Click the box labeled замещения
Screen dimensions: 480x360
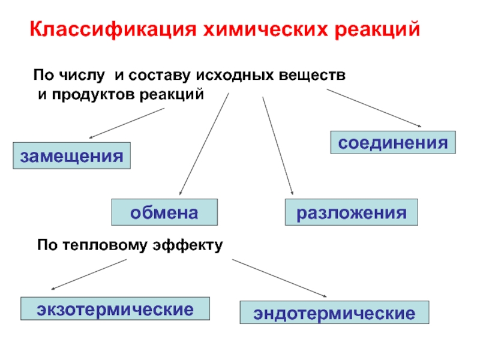[72, 156]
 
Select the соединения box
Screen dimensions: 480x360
[393, 143]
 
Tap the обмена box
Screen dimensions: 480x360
[164, 212]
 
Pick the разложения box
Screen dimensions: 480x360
[351, 212]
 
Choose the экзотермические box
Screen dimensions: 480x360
[115, 310]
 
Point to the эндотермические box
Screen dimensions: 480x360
[334, 313]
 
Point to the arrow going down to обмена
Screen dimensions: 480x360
[204, 142]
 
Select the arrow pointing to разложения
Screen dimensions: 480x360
[277, 144]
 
